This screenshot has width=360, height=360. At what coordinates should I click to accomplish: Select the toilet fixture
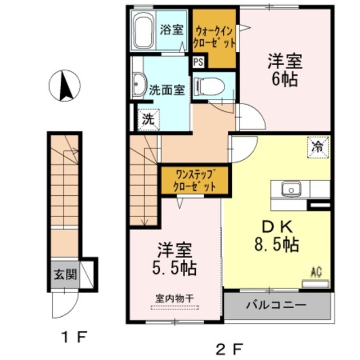click(209, 86)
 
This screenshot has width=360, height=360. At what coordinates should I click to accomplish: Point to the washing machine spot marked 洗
click(148, 119)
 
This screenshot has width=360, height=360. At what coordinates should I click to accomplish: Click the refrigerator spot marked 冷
click(318, 147)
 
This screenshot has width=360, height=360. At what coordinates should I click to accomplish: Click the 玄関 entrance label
click(64, 275)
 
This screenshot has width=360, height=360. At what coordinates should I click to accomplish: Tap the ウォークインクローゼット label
click(214, 37)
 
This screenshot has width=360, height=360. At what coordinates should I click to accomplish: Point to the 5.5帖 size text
click(176, 269)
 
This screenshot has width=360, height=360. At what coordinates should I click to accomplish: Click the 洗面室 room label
click(167, 88)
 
